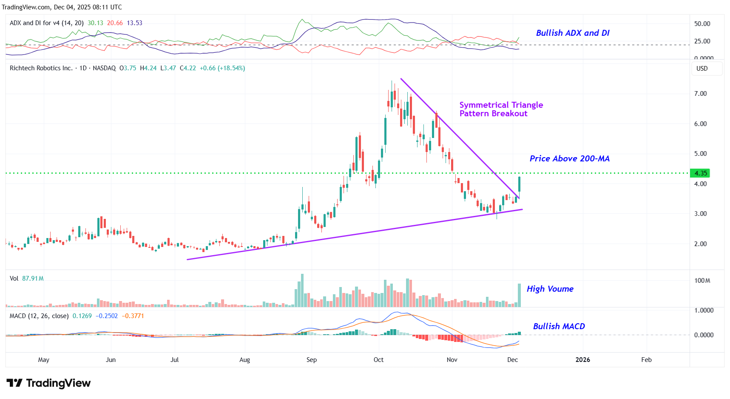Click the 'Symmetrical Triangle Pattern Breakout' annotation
(x=501, y=109)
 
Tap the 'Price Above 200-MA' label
(x=569, y=158)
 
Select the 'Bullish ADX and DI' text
(x=572, y=33)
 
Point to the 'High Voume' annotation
(x=550, y=289)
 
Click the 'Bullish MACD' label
(x=559, y=326)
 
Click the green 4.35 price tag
(x=700, y=173)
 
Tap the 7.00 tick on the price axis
(x=700, y=94)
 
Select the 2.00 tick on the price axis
(x=700, y=244)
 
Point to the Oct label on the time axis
(x=378, y=360)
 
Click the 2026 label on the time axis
(x=582, y=360)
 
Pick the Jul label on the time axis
(x=174, y=360)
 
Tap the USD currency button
(x=702, y=69)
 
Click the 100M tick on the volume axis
(x=702, y=281)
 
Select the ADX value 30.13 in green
(x=95, y=23)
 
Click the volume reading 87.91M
(x=33, y=278)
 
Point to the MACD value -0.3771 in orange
(x=133, y=316)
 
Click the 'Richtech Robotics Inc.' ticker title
(x=41, y=68)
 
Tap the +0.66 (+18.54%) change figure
(x=222, y=68)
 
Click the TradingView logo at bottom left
(x=48, y=383)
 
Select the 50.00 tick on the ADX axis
(x=702, y=24)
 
